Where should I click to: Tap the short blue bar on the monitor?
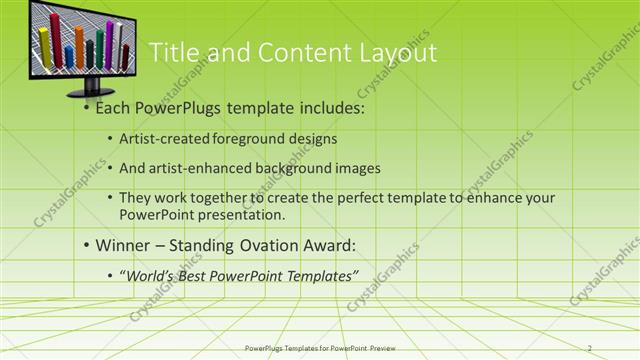click(x=68, y=54)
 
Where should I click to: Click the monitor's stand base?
click(x=93, y=92)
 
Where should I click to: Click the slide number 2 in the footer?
click(x=590, y=348)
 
